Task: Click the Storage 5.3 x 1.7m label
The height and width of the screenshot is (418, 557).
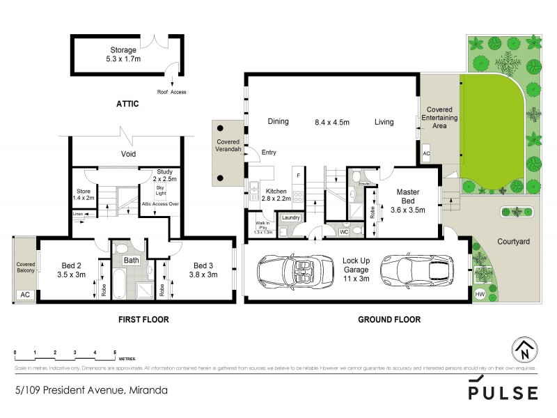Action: (123, 54)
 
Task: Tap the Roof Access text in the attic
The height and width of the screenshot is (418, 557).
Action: (171, 92)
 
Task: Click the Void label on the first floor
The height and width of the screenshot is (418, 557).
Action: (128, 154)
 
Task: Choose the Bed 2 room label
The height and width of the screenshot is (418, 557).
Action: (72, 270)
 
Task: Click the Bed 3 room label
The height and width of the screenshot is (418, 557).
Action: (205, 270)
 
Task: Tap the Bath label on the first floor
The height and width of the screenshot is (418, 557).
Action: (132, 261)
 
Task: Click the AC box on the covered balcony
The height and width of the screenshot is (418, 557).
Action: (26, 295)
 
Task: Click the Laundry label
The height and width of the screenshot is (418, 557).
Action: (291, 218)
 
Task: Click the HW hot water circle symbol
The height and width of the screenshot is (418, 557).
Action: (480, 295)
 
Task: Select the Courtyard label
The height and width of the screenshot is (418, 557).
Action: (513, 242)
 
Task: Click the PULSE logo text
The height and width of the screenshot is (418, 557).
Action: (502, 392)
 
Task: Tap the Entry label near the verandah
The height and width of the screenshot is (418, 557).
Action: (269, 152)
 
